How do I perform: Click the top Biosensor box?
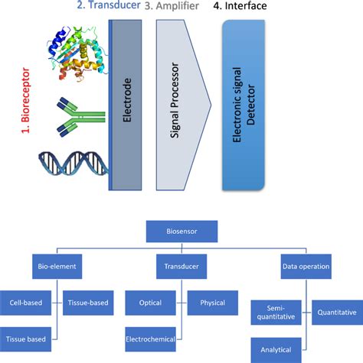183,230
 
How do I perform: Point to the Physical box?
213,302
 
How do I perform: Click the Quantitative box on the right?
337,312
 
